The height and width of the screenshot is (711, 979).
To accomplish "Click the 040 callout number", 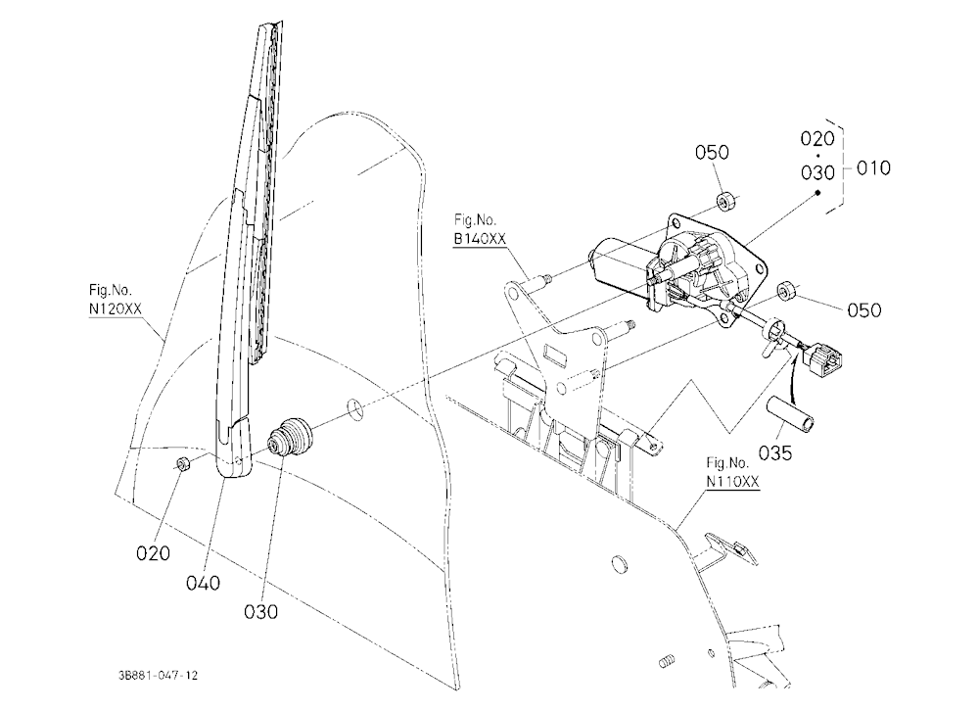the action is pos(203,583).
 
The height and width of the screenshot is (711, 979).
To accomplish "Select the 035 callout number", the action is pos(774,453).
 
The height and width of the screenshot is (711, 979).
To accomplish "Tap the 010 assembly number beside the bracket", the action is pos(873,168).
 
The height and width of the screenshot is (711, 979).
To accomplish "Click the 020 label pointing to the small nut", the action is pos(153,553).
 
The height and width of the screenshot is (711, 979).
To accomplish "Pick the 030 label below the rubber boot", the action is pos(260,612).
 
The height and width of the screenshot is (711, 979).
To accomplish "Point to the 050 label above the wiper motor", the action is pos(712,153).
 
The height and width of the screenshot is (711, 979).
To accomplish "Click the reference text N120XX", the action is pos(116,308).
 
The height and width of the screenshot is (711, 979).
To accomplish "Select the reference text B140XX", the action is pos(480,239).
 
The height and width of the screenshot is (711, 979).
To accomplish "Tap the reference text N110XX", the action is pos(733,482).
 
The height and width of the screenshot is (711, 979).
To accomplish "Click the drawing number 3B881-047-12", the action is pos(158,676).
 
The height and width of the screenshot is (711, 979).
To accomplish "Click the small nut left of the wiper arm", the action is pos(184,463).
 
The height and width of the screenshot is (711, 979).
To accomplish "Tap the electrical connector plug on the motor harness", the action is pos(823,360).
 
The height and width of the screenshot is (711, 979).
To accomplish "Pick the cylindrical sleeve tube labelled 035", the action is pos(790,413).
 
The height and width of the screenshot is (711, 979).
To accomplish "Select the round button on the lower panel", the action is pos(620,563).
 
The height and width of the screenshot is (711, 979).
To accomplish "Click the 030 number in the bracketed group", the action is pos(817,171).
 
